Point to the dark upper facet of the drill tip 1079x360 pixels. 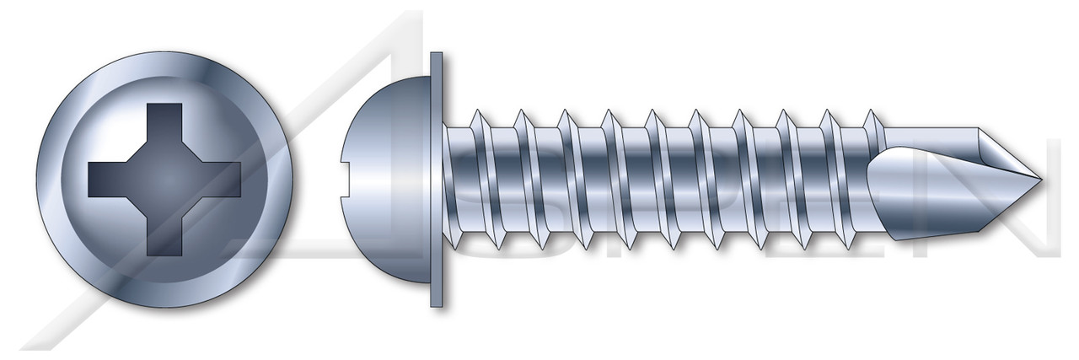pos(999,152)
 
